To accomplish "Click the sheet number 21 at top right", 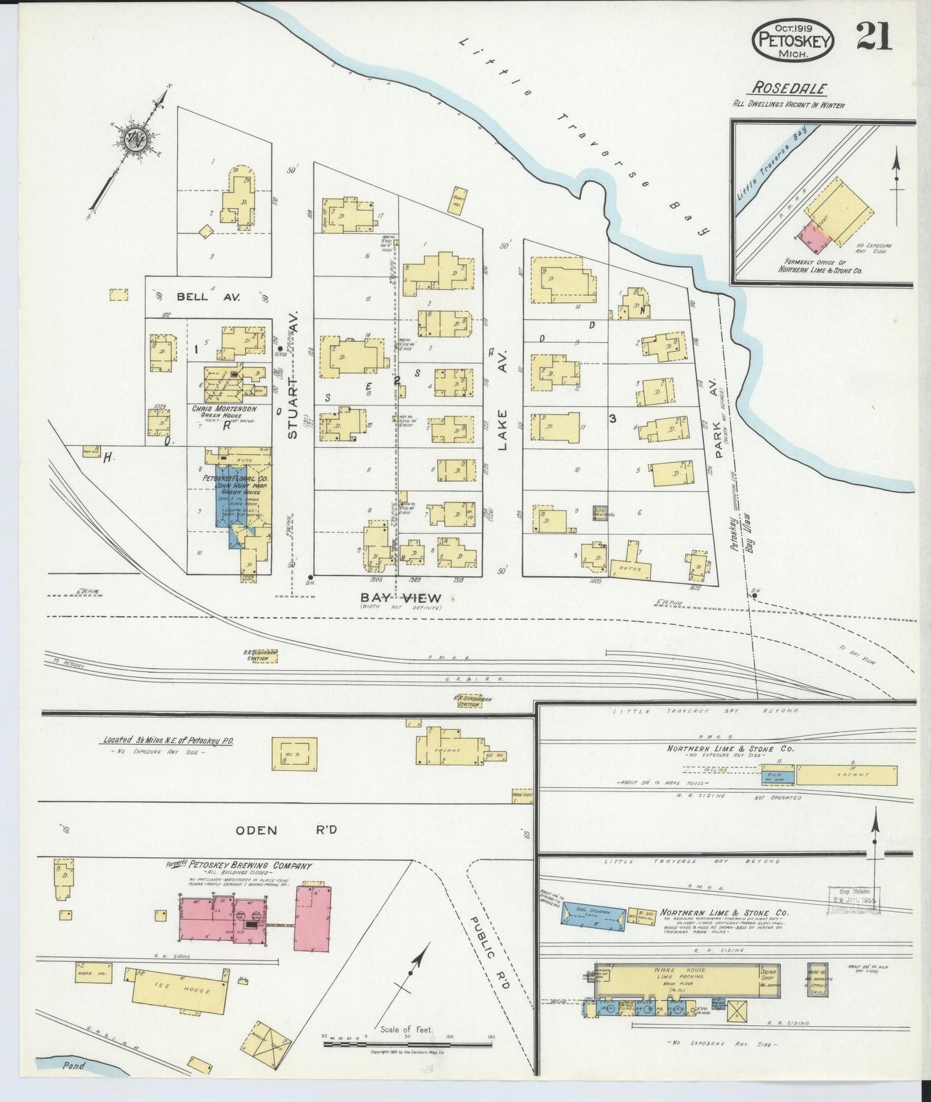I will (874, 37).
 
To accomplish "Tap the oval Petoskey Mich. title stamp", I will (794, 39).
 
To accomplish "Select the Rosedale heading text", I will (789, 89).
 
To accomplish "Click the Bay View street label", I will (400, 597).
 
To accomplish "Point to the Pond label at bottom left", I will (73, 1066).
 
